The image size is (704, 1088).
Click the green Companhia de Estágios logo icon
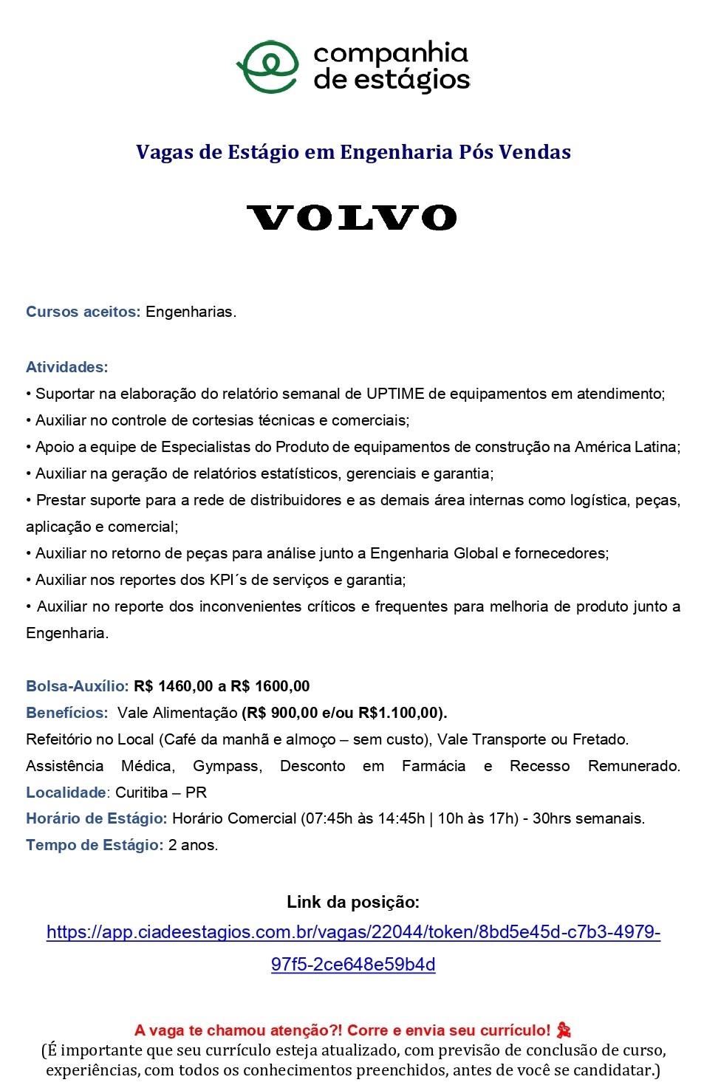coord(267,66)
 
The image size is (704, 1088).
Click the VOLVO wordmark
coord(352,218)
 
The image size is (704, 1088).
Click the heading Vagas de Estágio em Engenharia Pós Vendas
coord(353,152)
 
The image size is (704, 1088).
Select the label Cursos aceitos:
coord(83,312)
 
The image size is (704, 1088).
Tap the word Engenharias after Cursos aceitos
coord(190,312)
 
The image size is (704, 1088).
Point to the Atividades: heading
coord(66,367)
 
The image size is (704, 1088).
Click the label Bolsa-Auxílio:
coord(77,686)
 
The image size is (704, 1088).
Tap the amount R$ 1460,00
coord(174,686)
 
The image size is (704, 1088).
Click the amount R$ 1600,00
coord(270,686)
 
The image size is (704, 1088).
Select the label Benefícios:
coord(66,713)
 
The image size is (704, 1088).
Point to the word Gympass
coord(227,766)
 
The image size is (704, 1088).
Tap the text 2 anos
coord(193,845)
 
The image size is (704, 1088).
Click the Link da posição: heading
coord(352,902)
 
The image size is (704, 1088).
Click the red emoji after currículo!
coord(564,1030)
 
